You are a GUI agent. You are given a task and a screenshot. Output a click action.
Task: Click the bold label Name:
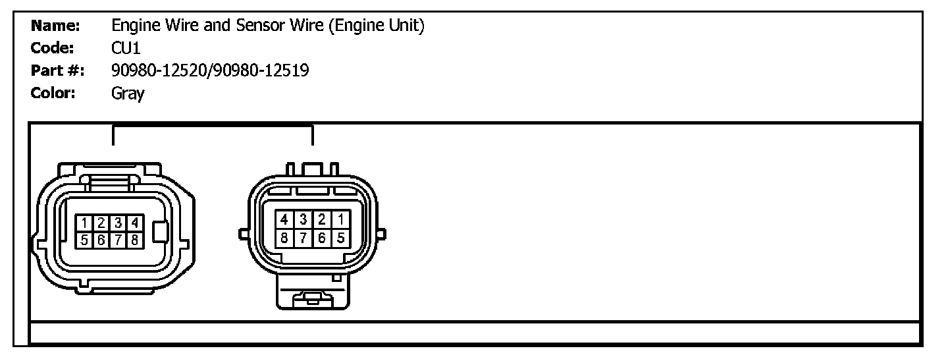point(55,26)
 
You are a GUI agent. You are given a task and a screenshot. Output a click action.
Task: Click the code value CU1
point(126,48)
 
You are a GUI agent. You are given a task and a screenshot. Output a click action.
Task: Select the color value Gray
point(128,94)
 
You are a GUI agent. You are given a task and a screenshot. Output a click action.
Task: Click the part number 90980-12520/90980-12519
point(210,70)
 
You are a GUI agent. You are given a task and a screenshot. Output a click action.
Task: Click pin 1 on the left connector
point(85,223)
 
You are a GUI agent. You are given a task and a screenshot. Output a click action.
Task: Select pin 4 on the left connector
point(134,223)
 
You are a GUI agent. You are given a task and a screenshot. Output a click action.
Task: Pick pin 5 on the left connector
point(85,240)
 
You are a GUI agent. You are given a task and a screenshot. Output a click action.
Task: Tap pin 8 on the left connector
point(134,240)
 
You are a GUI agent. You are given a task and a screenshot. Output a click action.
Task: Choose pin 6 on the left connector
point(101,240)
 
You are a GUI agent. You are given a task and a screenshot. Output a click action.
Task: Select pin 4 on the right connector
point(284,219)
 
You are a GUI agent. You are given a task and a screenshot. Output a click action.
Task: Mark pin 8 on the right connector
point(284,238)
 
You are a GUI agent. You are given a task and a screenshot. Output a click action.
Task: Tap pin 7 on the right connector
point(303,238)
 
